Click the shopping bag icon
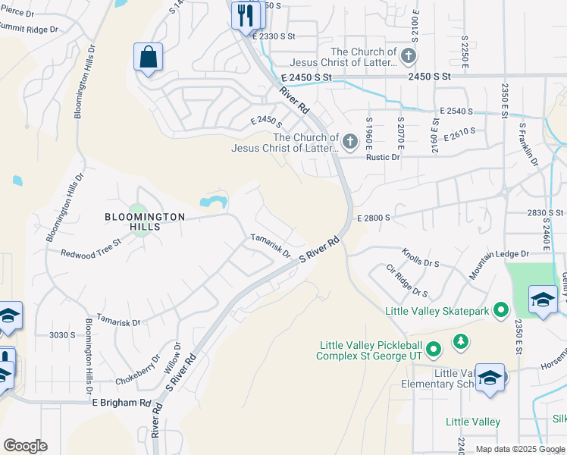[148, 58]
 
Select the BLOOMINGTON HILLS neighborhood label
[144, 221]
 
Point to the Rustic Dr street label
[383, 157]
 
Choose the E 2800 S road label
[371, 218]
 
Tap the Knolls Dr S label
[421, 257]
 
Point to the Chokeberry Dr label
[137, 369]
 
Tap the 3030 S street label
[62, 334]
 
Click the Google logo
[25, 446]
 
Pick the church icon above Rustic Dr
[350, 140]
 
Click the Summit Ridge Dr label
[29, 30]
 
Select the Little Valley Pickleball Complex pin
[433, 350]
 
